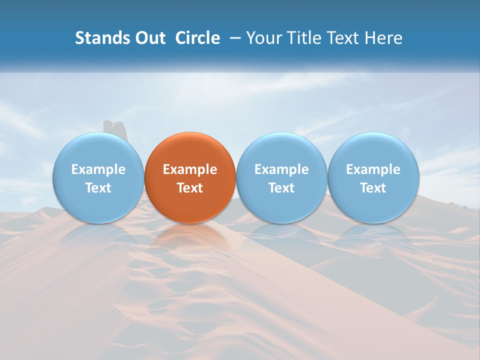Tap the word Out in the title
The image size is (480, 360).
[x=149, y=38]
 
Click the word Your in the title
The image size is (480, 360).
[x=264, y=38]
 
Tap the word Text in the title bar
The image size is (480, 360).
[x=344, y=38]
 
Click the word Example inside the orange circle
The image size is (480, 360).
[x=190, y=169]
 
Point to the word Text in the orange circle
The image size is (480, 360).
[x=190, y=188]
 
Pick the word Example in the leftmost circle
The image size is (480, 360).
[x=98, y=169]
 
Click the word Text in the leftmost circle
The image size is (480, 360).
[x=98, y=188]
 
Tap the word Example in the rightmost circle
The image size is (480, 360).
[x=373, y=169]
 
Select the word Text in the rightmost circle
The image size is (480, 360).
[x=373, y=188]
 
